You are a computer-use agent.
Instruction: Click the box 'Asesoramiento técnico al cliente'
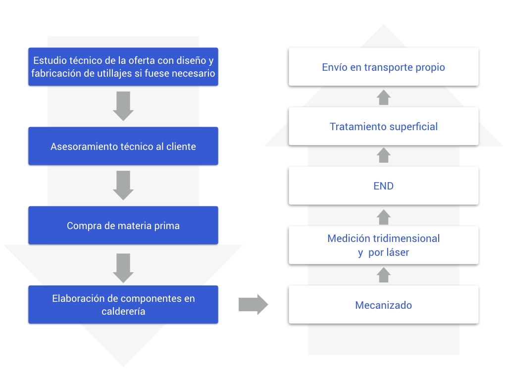(x=123, y=146)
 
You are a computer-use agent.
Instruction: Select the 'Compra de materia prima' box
(x=123, y=225)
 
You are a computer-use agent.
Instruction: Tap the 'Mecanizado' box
(x=384, y=305)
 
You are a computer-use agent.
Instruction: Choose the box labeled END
(x=384, y=186)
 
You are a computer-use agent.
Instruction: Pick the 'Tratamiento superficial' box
(x=384, y=126)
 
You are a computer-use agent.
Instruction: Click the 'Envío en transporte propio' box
(x=384, y=67)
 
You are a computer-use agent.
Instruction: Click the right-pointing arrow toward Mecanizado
(x=253, y=304)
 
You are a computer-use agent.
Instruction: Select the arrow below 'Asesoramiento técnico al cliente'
(x=123, y=186)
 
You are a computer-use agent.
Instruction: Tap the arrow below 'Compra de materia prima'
(x=123, y=268)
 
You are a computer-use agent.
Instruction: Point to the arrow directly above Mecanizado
(x=384, y=275)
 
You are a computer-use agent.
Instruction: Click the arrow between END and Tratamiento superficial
(x=384, y=155)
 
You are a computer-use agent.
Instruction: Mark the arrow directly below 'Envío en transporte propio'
(x=384, y=97)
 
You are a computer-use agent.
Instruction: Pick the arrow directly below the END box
(x=384, y=217)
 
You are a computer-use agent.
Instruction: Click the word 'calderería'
(x=123, y=311)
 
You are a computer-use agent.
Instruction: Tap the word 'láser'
(x=398, y=252)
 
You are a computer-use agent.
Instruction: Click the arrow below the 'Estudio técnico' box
(x=123, y=106)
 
